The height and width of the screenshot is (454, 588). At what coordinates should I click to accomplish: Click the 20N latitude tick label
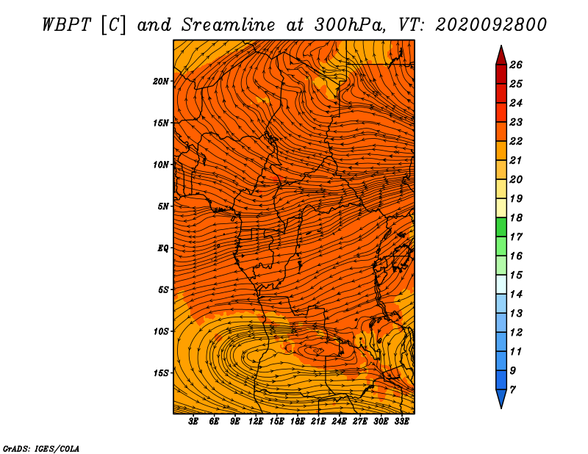[x=161, y=81]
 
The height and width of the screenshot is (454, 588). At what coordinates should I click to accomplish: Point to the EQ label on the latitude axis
[x=162, y=248]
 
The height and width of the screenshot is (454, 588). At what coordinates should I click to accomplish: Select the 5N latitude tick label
[x=163, y=206]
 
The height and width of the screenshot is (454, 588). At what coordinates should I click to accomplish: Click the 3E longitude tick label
[x=193, y=421]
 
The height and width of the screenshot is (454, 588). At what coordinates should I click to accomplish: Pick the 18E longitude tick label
[x=297, y=421]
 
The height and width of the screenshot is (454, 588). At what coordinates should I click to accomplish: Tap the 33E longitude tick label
[x=401, y=421]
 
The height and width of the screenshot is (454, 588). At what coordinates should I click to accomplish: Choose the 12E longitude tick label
[x=255, y=421]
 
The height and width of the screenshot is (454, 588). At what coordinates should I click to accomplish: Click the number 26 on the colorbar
[x=516, y=65]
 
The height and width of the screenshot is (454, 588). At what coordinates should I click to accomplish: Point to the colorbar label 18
[x=516, y=217]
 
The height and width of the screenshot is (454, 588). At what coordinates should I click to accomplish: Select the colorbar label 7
[x=512, y=389]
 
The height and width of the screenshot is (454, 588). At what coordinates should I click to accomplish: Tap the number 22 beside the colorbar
[x=516, y=141]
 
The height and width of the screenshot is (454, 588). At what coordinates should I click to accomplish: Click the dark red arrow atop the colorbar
[x=501, y=56]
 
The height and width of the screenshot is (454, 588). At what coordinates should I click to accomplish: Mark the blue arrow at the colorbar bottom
[x=501, y=398]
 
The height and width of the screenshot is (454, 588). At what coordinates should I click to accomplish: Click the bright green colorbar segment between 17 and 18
[x=501, y=227]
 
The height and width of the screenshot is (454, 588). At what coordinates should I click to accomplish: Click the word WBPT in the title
[x=66, y=25]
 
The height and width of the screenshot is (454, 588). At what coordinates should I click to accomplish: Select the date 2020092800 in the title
[x=491, y=25]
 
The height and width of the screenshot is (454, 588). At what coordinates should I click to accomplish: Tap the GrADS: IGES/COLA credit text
[x=41, y=449]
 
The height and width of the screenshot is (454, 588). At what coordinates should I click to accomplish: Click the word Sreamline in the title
[x=229, y=25]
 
